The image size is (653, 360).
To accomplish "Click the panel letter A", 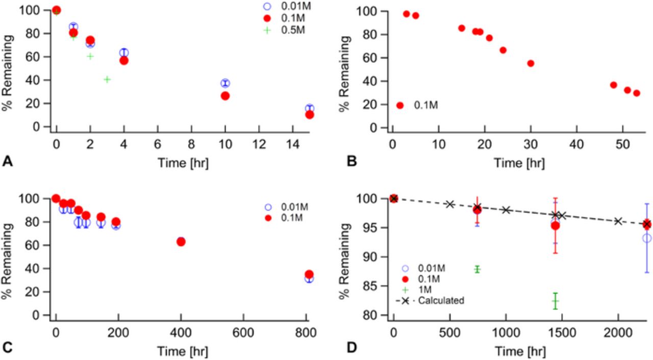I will [x=7, y=162].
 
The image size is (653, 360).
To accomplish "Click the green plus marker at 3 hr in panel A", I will [x=107, y=80].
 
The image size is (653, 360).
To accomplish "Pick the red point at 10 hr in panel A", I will [x=225, y=95].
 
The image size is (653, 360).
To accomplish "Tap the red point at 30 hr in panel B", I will [x=531, y=63].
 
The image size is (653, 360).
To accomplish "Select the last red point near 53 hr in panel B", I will [x=636, y=93].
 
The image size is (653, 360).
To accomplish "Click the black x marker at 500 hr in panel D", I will [x=449, y=204].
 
